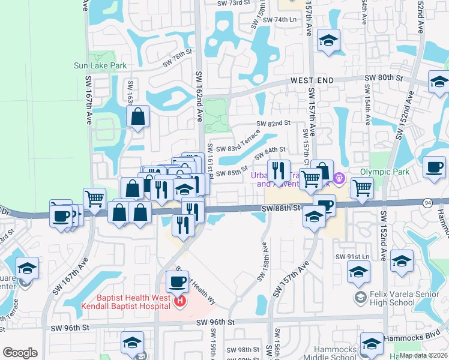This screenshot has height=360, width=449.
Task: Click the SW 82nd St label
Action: pos(273,123)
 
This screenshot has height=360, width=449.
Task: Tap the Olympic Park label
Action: pos(384,171)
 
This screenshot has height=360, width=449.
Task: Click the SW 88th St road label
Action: pos(280,207)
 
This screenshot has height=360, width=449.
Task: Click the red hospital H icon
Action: pos(178,301)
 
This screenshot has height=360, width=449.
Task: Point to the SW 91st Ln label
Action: pos(364,257)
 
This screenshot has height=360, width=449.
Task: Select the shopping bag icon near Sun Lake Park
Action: pos(138,117)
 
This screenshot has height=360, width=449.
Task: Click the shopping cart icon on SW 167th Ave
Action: pos(95,199)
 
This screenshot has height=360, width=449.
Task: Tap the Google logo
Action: pos(20,353)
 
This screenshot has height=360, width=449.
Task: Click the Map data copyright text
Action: pos(423,355)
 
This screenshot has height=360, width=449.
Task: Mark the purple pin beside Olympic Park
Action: pos(339,178)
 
